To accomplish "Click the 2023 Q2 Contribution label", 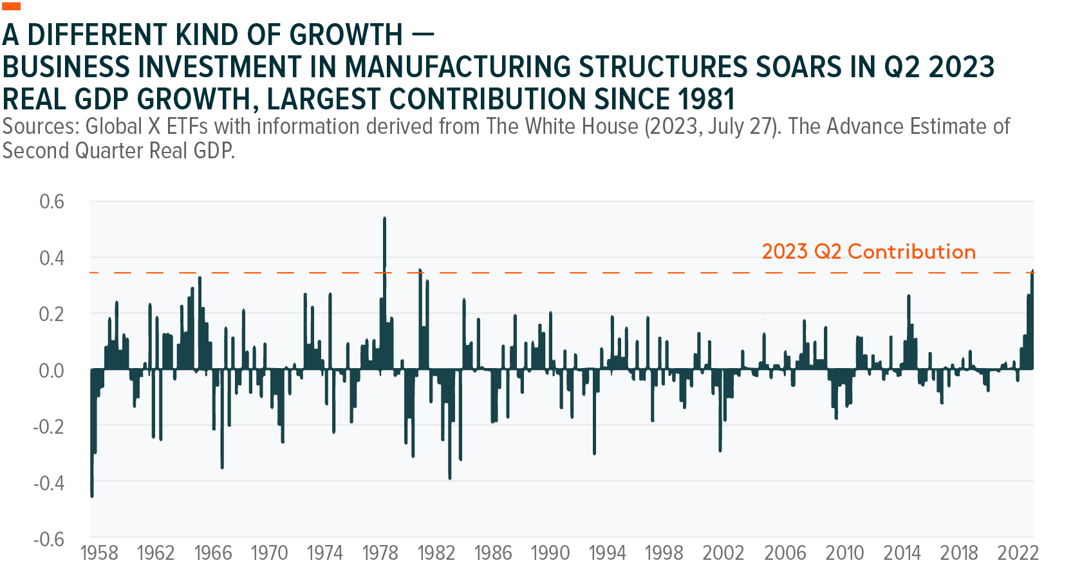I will (868, 252).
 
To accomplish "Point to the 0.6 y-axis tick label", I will (51, 201).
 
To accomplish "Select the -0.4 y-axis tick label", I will (49, 483).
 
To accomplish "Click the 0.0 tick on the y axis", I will (51, 371).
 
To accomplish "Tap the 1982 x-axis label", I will (436, 553).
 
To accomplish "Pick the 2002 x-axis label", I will (723, 553).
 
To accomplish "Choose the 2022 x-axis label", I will (1018, 553).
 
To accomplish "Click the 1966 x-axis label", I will (213, 553).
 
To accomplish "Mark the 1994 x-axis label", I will (607, 553).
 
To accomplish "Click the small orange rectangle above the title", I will (12, 6).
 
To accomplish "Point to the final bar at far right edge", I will (1032, 322).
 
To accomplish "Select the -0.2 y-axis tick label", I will (49, 427).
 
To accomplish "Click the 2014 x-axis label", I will (902, 553).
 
